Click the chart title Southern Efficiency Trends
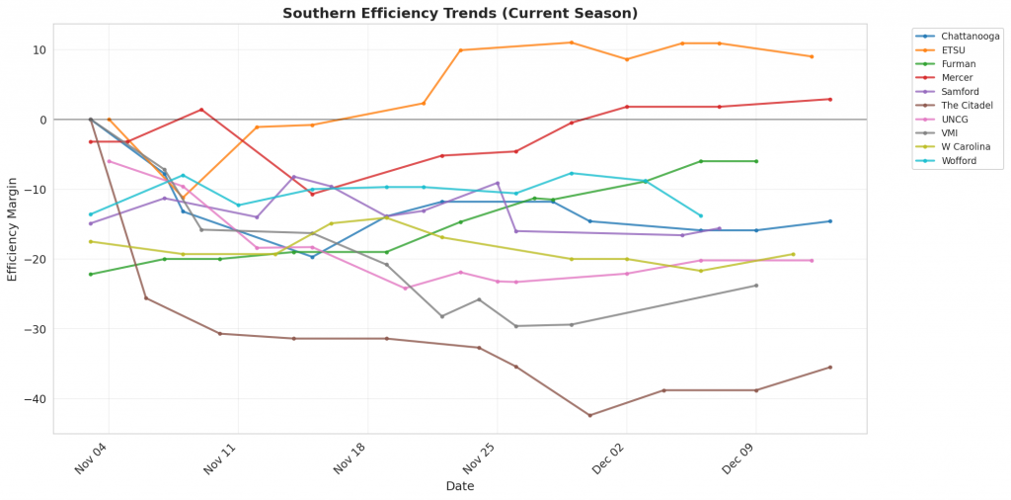tap(460, 13)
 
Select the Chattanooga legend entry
tap(971, 36)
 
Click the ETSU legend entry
tap(954, 49)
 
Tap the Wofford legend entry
tap(960, 160)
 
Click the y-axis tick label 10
tap(39, 50)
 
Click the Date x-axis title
tap(460, 486)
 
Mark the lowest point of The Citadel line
tap(590, 415)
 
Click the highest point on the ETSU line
tap(572, 42)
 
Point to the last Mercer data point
tap(829, 99)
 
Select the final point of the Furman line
tap(756, 161)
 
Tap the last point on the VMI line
tap(756, 286)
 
